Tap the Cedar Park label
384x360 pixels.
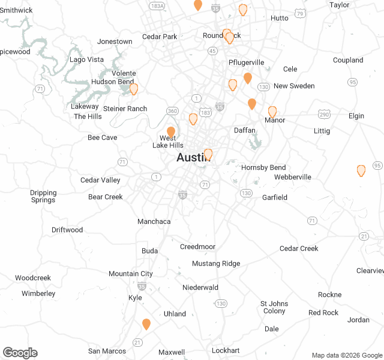(x=160, y=37)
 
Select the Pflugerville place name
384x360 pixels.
(x=246, y=62)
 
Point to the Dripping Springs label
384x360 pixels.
(x=43, y=196)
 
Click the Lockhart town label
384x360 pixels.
(x=226, y=350)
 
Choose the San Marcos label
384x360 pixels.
(x=107, y=351)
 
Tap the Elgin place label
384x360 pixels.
(x=356, y=116)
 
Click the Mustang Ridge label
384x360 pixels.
(x=216, y=263)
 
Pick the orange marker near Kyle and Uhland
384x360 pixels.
(x=146, y=324)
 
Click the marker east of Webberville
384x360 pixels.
(x=361, y=170)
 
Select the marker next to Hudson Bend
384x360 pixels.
(x=134, y=89)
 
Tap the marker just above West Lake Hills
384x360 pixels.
(x=171, y=131)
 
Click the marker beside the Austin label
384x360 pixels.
(x=208, y=154)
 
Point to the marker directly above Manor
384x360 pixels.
(x=272, y=112)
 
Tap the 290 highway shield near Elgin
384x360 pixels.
(x=324, y=114)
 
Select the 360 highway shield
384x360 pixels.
(x=173, y=111)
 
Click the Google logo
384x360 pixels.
(x=20, y=353)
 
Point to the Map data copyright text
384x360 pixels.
(x=346, y=355)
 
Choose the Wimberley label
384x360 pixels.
(x=38, y=293)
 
